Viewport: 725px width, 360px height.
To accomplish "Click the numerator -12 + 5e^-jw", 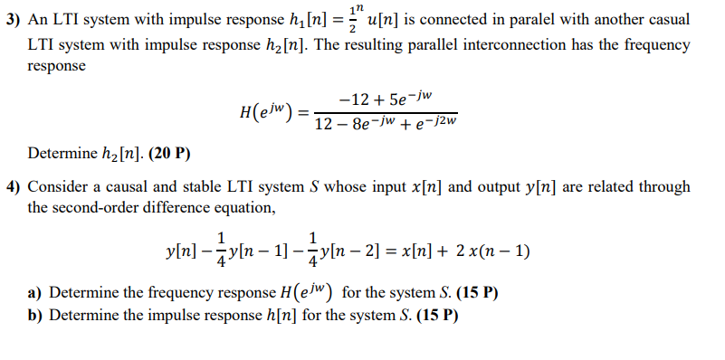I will [386, 97].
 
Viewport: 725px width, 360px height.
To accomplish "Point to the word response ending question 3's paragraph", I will [57, 67].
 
